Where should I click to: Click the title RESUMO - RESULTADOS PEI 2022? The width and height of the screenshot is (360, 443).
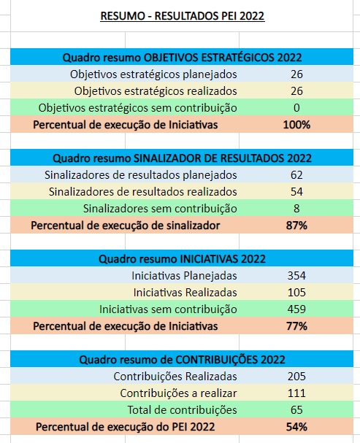tap(182, 16)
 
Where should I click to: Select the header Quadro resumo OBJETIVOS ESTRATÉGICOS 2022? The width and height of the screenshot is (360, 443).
tap(182, 57)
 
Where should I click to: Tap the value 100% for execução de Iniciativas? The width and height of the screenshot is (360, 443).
tap(296, 124)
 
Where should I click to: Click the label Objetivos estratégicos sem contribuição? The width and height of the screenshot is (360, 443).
tap(137, 107)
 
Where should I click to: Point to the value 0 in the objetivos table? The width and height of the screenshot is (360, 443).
tap(296, 107)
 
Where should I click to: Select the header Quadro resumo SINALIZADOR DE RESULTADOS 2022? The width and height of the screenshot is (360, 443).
tap(182, 158)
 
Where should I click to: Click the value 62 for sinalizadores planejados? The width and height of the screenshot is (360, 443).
tap(296, 174)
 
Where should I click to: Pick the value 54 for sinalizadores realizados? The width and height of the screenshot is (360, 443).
tap(296, 191)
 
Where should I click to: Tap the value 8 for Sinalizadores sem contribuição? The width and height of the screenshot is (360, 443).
tap(296, 208)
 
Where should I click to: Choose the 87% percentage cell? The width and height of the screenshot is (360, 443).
tap(296, 226)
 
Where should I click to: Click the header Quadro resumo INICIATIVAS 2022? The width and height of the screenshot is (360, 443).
tap(182, 258)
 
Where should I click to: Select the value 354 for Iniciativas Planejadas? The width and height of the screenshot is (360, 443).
tap(296, 275)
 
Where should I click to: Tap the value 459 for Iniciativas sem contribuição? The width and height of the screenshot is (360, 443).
tap(296, 309)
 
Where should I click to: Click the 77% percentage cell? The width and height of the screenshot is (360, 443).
tap(296, 325)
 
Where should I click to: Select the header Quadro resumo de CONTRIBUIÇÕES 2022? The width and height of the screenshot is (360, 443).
tap(182, 359)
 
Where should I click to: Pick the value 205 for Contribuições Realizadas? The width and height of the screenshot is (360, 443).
tap(296, 376)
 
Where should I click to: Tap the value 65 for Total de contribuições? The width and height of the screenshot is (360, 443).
tap(296, 409)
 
